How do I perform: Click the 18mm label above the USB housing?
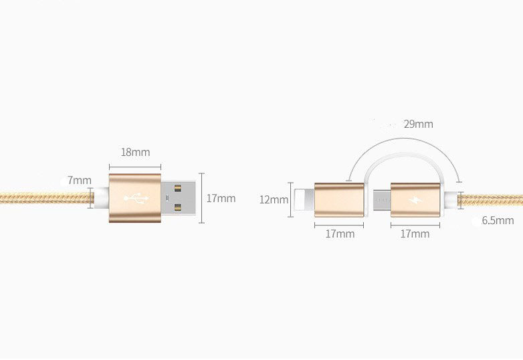tap(135, 152)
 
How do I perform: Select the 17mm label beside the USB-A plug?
tap(221, 199)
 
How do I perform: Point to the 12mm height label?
tap(274, 199)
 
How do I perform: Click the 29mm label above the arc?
tap(418, 124)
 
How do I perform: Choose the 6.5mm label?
tap(498, 220)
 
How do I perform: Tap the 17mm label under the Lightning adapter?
tap(340, 234)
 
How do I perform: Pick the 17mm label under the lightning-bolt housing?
tap(415, 234)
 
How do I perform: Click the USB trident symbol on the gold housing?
tap(135, 199)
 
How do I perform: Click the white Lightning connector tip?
tap(304, 199)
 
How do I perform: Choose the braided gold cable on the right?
tap(492, 199)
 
